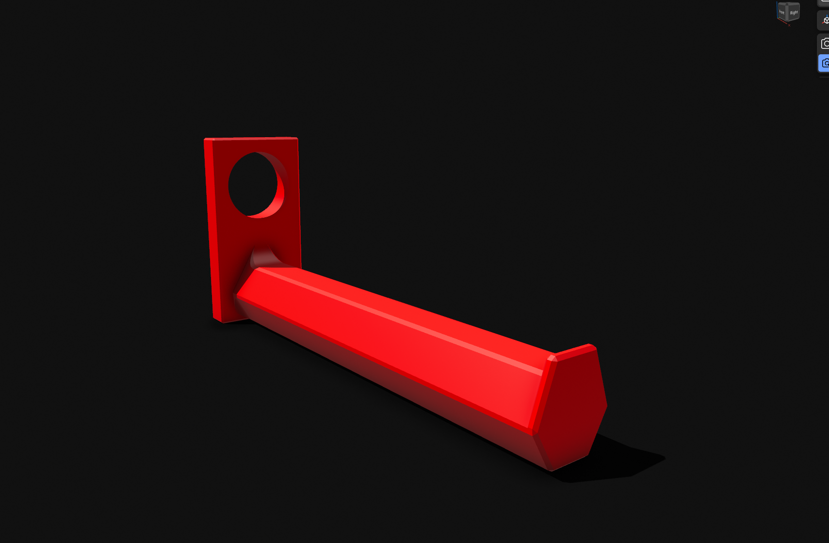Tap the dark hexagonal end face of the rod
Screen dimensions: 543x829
(575, 405)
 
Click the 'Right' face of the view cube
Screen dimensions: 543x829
(794, 13)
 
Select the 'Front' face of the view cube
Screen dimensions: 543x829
(781, 12)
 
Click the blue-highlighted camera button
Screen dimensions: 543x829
(824, 64)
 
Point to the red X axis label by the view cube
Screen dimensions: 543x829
(790, 25)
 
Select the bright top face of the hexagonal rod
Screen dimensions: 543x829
(412, 315)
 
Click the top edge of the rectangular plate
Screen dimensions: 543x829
(251, 139)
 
